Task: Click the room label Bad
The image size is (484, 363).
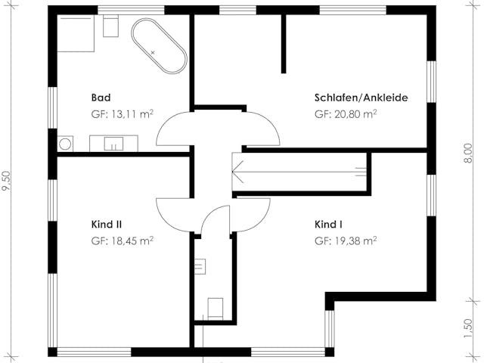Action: click(101, 98)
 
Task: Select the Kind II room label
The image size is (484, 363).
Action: click(107, 225)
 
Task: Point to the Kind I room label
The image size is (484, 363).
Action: click(329, 225)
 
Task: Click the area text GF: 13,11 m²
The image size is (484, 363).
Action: click(122, 114)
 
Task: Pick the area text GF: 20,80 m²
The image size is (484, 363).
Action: click(346, 114)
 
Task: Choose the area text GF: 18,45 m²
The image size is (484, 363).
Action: click(122, 241)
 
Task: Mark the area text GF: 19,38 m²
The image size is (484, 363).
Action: click(346, 241)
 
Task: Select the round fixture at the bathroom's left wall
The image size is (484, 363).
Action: click(65, 143)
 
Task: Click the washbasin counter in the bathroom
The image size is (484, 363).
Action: click(113, 143)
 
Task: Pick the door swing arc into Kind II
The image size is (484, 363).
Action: click(172, 210)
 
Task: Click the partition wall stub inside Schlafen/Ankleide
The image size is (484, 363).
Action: click(284, 43)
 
